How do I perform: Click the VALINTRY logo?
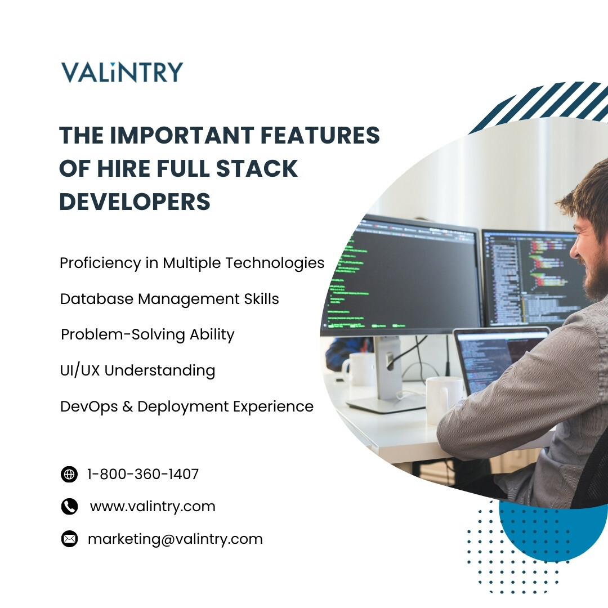pos(122,72)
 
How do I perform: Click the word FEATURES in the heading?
pos(320,135)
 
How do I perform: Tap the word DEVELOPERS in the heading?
pos(135,202)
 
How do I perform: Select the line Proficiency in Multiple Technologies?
pos(192,263)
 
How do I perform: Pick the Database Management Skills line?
pos(169,299)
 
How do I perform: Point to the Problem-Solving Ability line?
pos(147,334)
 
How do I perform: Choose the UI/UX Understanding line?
pos(138,370)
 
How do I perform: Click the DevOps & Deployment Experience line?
pos(187,406)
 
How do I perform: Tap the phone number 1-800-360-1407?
pos(142,474)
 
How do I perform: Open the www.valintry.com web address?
pos(153,507)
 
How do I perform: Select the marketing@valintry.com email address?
pos(175,539)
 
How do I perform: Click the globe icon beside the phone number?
pos(69,474)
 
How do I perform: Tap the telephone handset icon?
pos(69,507)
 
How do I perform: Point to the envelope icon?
pos(69,539)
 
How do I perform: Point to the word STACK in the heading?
pos(257,168)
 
